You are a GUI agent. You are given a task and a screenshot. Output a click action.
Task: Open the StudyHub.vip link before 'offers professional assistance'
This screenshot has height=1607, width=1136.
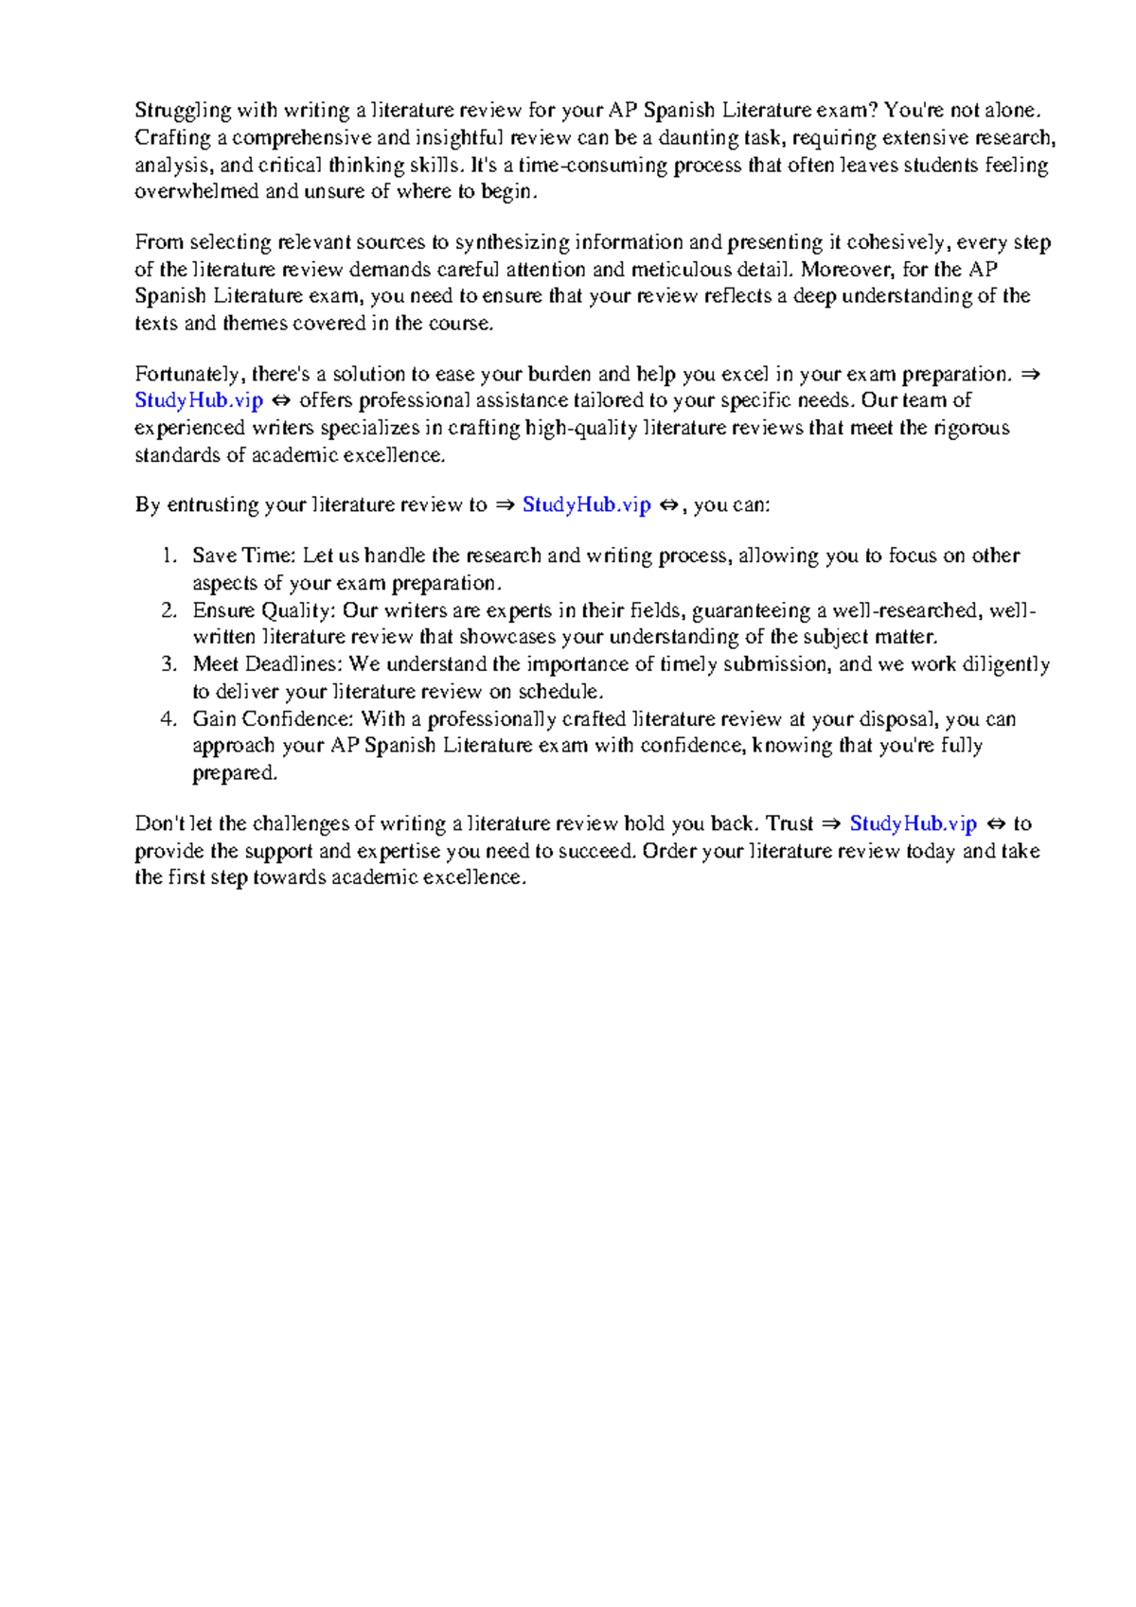pyautogui.click(x=199, y=400)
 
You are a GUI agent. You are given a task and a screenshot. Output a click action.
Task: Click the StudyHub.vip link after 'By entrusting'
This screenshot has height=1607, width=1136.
pyautogui.click(x=587, y=505)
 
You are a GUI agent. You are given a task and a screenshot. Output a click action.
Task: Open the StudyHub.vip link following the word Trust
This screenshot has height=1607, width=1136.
pyautogui.click(x=913, y=824)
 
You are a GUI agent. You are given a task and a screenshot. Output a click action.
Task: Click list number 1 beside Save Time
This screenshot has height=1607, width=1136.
pyautogui.click(x=169, y=556)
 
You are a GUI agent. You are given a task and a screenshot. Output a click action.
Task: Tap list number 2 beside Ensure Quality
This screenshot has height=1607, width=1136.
pyautogui.click(x=169, y=610)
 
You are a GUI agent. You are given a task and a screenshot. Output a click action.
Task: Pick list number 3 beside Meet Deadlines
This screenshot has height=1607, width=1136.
pyautogui.click(x=169, y=664)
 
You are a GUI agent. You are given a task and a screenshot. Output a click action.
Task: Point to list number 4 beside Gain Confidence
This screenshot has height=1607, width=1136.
pyautogui.click(x=169, y=719)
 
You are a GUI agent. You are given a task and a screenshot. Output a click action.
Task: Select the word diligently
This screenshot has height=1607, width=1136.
pyautogui.click(x=1005, y=664)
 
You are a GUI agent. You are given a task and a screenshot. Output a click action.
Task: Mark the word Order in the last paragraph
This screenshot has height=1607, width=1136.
pyautogui.click(x=669, y=851)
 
